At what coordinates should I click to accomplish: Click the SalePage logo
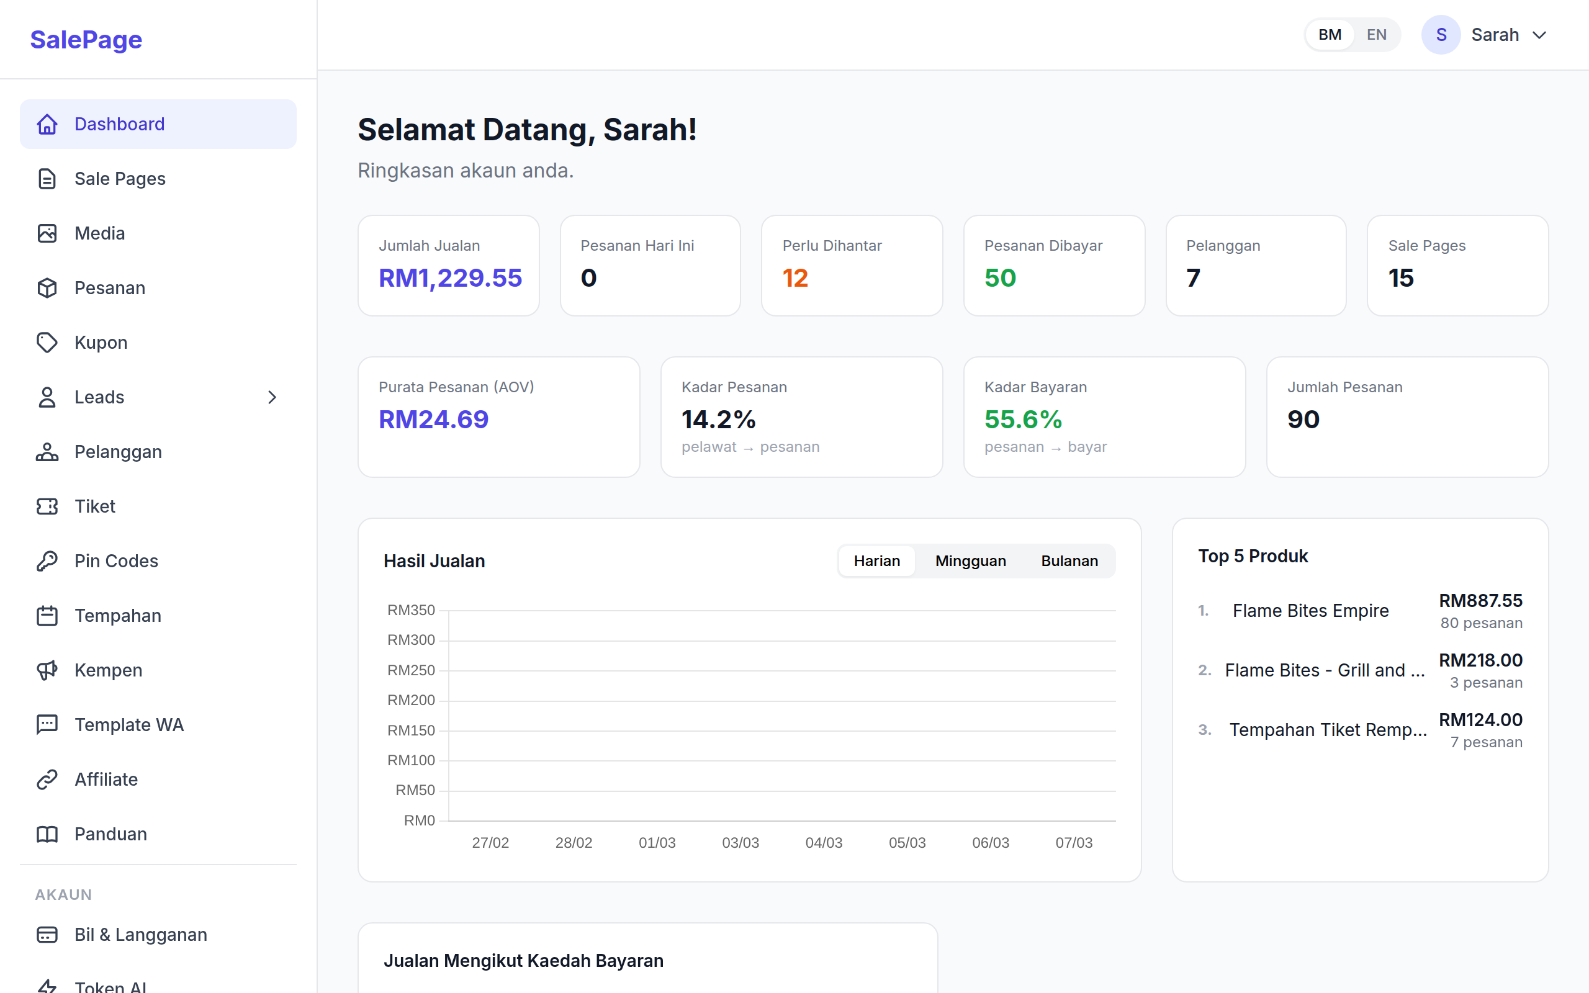(86, 39)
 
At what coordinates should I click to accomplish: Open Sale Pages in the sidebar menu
(120, 179)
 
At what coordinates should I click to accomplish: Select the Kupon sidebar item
(101, 342)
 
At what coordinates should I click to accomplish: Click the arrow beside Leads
(272, 397)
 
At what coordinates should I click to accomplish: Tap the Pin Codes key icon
(47, 561)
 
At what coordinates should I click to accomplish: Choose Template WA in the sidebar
(128, 724)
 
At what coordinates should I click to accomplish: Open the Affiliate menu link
(106, 780)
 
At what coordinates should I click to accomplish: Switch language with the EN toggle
(1376, 35)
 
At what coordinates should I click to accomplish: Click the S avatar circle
(1441, 35)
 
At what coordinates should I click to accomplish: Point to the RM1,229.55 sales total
(450, 278)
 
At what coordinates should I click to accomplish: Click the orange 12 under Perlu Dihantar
(795, 278)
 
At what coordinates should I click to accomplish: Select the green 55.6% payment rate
(1023, 419)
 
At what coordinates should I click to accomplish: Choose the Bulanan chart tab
(1069, 561)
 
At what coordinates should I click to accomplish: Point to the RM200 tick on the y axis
(411, 700)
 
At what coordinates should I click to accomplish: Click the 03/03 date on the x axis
(740, 843)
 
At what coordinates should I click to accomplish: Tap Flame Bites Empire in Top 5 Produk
(1310, 611)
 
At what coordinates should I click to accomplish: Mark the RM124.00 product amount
(1480, 720)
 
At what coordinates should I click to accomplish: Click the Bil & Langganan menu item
(140, 935)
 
